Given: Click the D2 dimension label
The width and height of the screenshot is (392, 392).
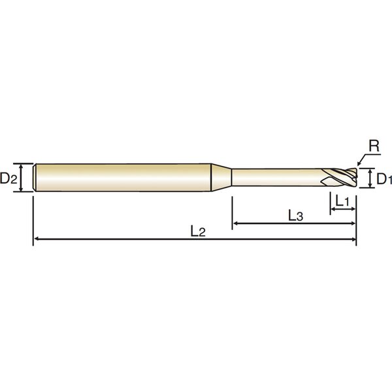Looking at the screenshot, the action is (8, 178).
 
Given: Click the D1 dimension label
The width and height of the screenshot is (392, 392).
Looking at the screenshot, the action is (384, 179).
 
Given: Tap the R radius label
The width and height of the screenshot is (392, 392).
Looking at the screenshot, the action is (374, 146).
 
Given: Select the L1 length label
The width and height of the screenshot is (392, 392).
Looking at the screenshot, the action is (342, 201).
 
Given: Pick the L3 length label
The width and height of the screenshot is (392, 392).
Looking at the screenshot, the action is (296, 216).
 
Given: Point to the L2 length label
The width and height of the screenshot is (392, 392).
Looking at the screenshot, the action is (198, 231).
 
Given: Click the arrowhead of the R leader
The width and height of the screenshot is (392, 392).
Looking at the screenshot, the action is (359, 163).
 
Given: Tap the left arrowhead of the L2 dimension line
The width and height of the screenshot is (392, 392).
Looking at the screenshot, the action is (37, 239).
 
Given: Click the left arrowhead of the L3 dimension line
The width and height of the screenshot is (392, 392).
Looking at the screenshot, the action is (235, 223).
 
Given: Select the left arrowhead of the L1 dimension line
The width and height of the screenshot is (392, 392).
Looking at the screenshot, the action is (333, 209).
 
